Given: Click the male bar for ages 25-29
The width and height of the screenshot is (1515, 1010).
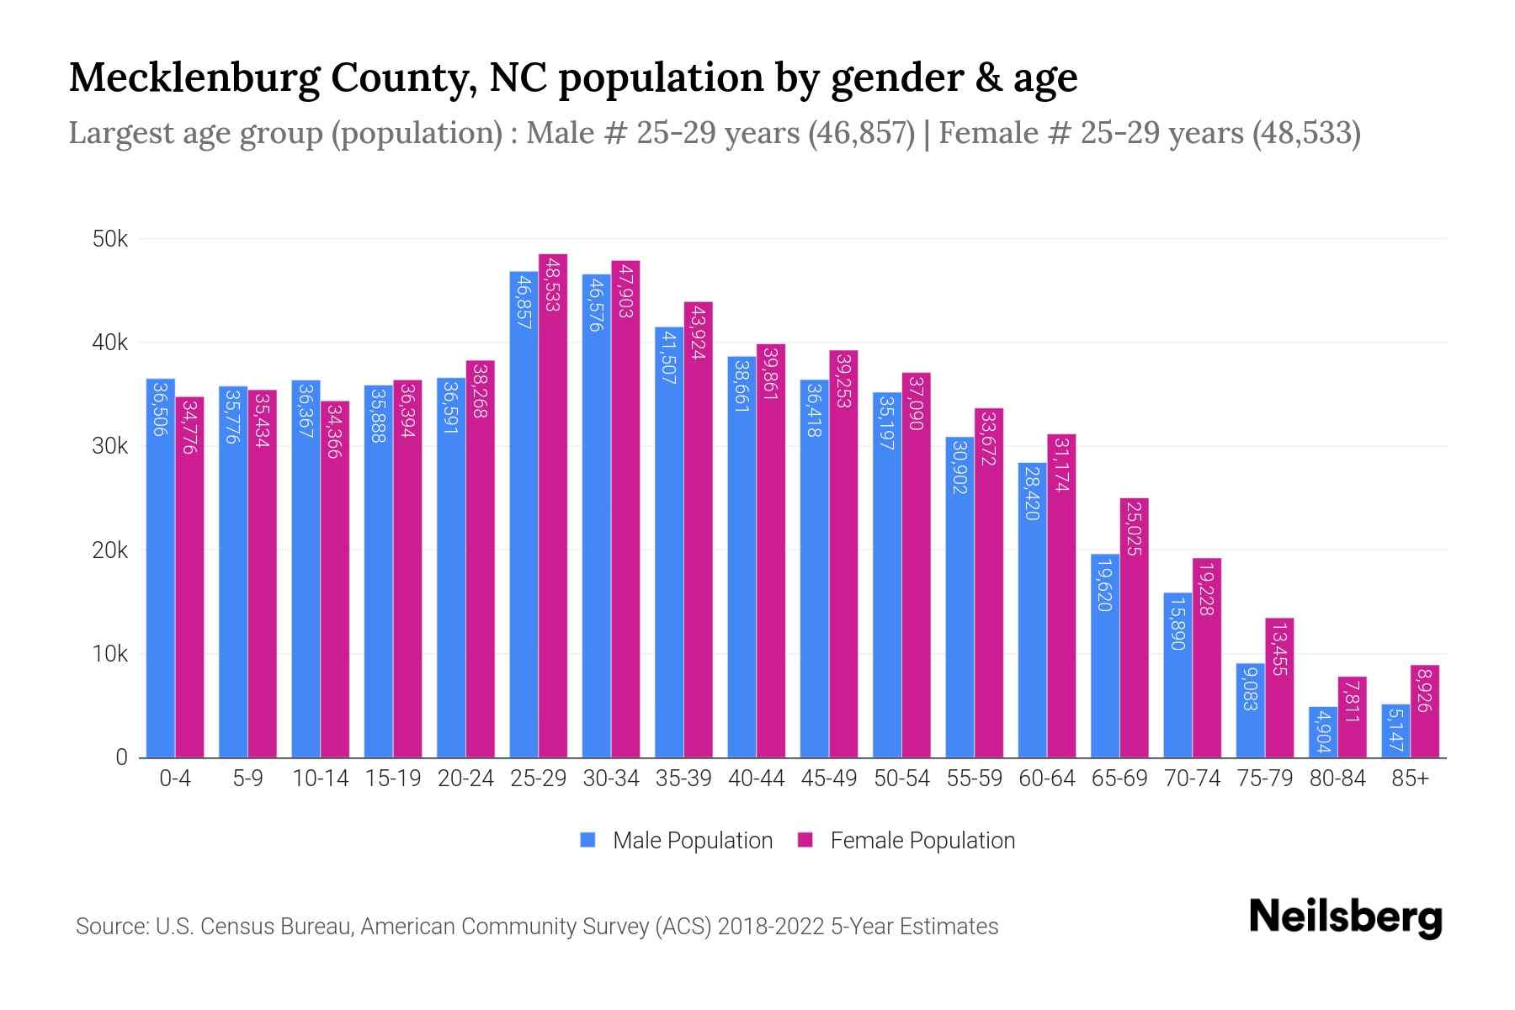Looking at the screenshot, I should [x=524, y=514].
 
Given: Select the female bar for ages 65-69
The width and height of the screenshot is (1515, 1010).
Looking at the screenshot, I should [x=1134, y=628].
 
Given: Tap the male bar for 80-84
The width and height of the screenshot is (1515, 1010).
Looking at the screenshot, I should [x=1322, y=732].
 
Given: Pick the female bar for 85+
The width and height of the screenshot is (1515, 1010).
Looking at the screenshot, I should [x=1424, y=711].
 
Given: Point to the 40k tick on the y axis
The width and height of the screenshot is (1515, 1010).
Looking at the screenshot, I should [x=110, y=343].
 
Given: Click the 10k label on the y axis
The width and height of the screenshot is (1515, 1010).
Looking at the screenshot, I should [x=110, y=654].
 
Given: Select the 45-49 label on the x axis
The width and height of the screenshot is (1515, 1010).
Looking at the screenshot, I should [x=829, y=779].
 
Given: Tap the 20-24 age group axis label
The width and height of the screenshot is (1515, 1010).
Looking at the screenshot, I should [x=465, y=779].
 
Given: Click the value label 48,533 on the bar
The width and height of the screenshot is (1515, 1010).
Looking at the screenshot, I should [x=553, y=285].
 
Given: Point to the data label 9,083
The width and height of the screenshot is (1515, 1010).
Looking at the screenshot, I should [x=1250, y=688].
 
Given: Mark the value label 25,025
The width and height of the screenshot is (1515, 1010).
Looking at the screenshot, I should [x=1134, y=529].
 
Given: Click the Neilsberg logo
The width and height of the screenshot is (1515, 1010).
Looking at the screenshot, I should [x=1345, y=917].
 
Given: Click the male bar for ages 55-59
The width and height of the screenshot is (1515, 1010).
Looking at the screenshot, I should [x=959, y=598].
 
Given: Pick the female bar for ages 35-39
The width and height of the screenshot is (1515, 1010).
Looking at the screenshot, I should [x=698, y=530].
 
